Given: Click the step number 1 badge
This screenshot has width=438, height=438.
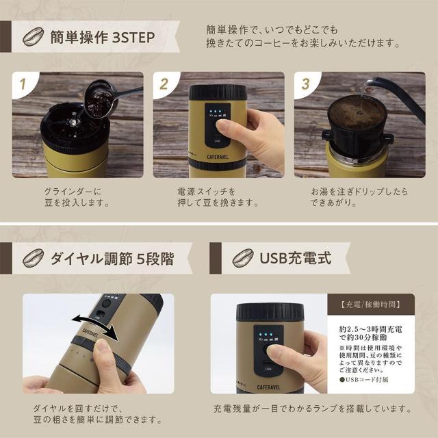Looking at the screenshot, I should pyautogui.click(x=25, y=85).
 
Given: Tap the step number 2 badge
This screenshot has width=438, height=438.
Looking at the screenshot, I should pyautogui.click(x=164, y=85).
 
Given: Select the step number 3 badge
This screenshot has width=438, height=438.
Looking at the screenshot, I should pyautogui.click(x=306, y=85).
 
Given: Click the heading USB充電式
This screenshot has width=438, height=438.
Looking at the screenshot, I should pyautogui.click(x=295, y=258).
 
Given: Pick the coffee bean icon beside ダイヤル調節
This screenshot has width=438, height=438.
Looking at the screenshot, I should pyautogui.click(x=32, y=259).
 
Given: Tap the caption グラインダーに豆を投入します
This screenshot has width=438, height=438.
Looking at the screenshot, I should pyautogui.click(x=76, y=196).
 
